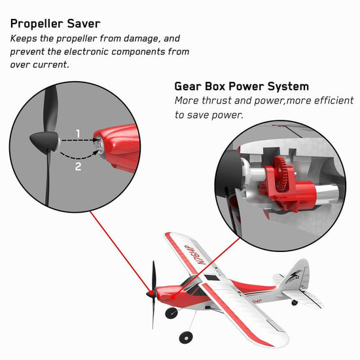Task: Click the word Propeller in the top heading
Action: coord(36,24)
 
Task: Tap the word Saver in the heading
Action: coord(82,24)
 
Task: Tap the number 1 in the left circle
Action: coord(78,134)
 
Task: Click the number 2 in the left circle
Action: coord(78,167)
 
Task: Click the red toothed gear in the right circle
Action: coord(283,172)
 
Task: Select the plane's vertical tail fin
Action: coord(298,273)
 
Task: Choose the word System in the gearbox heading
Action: coord(285,86)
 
